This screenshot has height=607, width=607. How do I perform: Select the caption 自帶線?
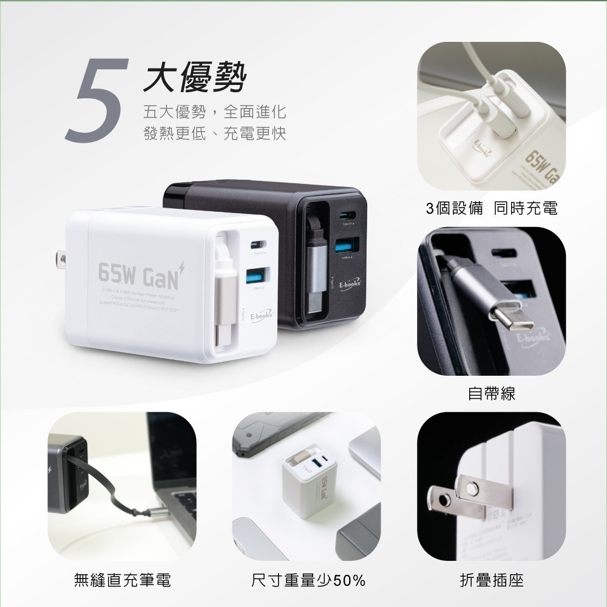coord(491,394)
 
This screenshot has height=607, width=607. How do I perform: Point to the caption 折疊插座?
coord(491,580)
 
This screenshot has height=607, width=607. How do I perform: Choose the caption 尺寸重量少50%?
coord(308,580)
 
